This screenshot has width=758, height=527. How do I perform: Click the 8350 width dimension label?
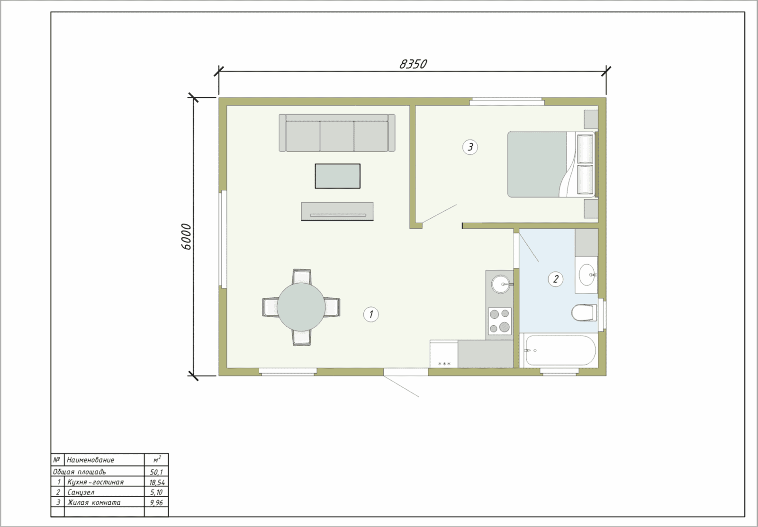tap(413, 64)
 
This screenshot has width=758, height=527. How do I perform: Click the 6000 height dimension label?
tap(187, 237)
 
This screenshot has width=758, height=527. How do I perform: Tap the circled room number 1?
tap(371, 314)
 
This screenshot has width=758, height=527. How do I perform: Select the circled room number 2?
tap(555, 279)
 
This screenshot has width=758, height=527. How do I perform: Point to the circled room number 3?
tap(470, 147)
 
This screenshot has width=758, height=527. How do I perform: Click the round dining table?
tap(301, 307)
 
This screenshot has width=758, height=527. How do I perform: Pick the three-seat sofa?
tap(337, 133)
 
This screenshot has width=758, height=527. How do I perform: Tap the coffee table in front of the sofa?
tap(337, 176)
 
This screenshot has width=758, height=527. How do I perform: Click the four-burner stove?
tap(499, 321)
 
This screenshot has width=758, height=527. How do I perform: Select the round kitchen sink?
tap(500, 284)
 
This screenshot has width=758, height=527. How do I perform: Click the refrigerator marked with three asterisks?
tap(443, 354)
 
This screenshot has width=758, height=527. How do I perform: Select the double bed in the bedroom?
tap(551, 164)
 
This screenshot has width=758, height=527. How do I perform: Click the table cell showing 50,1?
tap(156, 472)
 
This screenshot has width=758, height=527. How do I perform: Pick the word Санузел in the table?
tap(81, 492)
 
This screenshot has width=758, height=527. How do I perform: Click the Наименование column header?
tap(90, 460)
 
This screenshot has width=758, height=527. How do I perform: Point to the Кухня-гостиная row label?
tap(95, 482)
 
